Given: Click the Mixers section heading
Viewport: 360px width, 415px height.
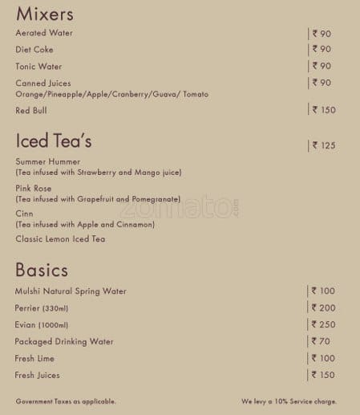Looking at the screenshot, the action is pyautogui.click(x=45, y=14).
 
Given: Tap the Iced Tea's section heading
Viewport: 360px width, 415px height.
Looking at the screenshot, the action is pyautogui.click(x=54, y=141).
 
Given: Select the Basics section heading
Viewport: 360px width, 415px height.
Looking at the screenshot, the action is pyautogui.click(x=42, y=270).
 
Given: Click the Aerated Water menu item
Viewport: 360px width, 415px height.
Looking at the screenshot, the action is pyautogui.click(x=44, y=33).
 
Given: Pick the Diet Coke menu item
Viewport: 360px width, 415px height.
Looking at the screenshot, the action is pyautogui.click(x=34, y=50).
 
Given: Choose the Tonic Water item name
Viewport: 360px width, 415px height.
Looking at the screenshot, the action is pyautogui.click(x=38, y=67).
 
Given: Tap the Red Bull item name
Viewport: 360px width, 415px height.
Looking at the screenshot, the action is pyautogui.click(x=31, y=110).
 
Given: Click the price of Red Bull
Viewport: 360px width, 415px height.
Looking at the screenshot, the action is pyautogui.click(x=323, y=110).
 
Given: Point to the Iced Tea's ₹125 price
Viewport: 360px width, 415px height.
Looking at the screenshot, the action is pyautogui.click(x=323, y=145).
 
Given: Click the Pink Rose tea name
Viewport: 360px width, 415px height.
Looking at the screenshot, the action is pyautogui.click(x=34, y=188).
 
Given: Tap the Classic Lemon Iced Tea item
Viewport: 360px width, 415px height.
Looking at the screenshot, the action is pyautogui.click(x=60, y=239).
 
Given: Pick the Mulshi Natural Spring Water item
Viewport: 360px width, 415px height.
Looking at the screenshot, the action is pyautogui.click(x=71, y=291).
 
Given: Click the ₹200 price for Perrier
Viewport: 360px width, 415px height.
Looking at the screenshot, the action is pyautogui.click(x=323, y=308).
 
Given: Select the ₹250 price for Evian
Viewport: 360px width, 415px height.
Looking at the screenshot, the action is pyautogui.click(x=323, y=324).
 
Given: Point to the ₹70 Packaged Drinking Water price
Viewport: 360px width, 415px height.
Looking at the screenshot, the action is pyautogui.click(x=321, y=341).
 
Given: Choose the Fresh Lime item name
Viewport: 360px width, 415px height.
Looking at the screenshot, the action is pyautogui.click(x=34, y=358).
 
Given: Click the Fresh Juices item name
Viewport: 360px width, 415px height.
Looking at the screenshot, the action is pyautogui.click(x=38, y=375).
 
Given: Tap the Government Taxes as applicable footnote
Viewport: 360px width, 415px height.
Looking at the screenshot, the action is pyautogui.click(x=66, y=401).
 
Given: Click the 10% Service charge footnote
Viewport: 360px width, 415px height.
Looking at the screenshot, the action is pyautogui.click(x=289, y=401).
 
